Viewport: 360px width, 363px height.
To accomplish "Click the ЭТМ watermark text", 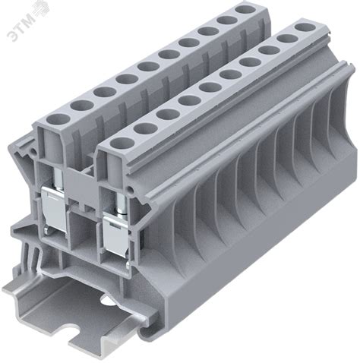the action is tap(21, 27).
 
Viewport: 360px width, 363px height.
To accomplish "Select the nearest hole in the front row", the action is tap(123, 144).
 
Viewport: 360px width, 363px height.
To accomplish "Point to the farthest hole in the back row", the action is tap(245, 10).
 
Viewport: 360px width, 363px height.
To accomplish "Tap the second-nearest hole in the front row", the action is tap(146, 128).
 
